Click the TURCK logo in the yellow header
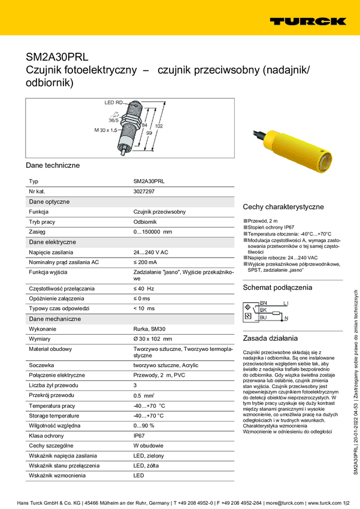pos(307,22)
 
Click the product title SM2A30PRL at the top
pos(57,57)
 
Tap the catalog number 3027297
pos(144,191)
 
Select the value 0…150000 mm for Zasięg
pos(152,231)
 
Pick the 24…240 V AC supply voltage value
pos(150,252)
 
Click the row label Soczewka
pos(42,365)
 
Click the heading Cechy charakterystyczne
pos(283,207)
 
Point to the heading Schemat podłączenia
pos(277,287)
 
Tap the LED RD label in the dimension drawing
pos(113,103)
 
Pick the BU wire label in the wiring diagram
pos(263,317)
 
